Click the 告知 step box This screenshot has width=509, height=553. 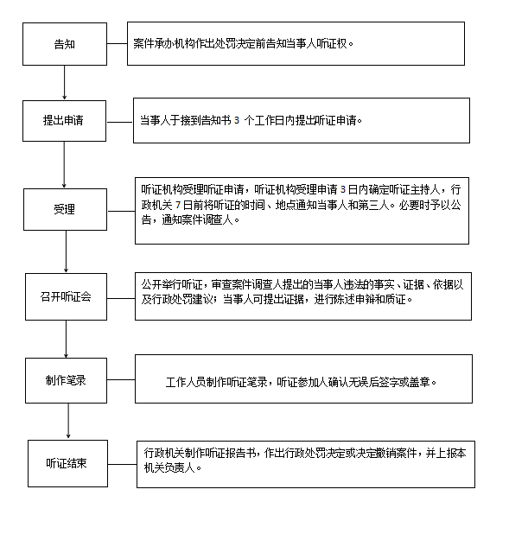click(x=65, y=44)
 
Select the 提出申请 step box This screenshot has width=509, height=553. click(x=64, y=121)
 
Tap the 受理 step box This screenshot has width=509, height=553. click(x=65, y=209)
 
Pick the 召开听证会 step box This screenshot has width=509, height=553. click(x=66, y=296)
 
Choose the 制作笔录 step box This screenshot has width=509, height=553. click(x=66, y=380)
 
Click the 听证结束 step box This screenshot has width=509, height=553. click(x=67, y=463)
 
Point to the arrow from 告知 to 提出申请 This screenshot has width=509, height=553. click(x=64, y=83)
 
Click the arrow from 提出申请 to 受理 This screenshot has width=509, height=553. click(x=64, y=165)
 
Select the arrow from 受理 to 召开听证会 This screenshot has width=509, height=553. click(x=66, y=251)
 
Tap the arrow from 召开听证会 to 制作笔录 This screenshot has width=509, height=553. click(x=66, y=339)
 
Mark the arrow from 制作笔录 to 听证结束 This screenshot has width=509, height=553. click(x=68, y=421)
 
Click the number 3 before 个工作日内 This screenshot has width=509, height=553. click(x=236, y=121)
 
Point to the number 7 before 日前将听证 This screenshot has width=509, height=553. click(x=178, y=205)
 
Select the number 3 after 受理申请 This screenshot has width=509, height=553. click(x=343, y=190)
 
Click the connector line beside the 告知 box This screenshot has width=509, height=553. click(x=118, y=44)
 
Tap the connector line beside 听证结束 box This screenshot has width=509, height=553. click(x=122, y=464)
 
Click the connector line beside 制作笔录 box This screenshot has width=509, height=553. click(x=121, y=380)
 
